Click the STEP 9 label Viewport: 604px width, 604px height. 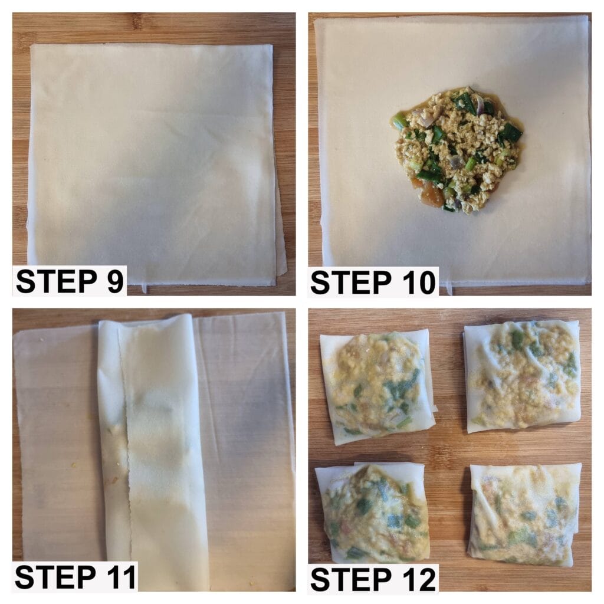(70, 281)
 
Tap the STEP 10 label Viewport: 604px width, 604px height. (373, 283)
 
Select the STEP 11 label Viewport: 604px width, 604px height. (75, 577)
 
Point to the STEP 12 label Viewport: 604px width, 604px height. (373, 579)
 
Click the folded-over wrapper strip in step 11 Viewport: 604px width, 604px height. (152, 451)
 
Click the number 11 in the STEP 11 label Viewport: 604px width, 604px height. (119, 577)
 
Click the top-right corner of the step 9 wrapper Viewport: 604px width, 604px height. (272, 45)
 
